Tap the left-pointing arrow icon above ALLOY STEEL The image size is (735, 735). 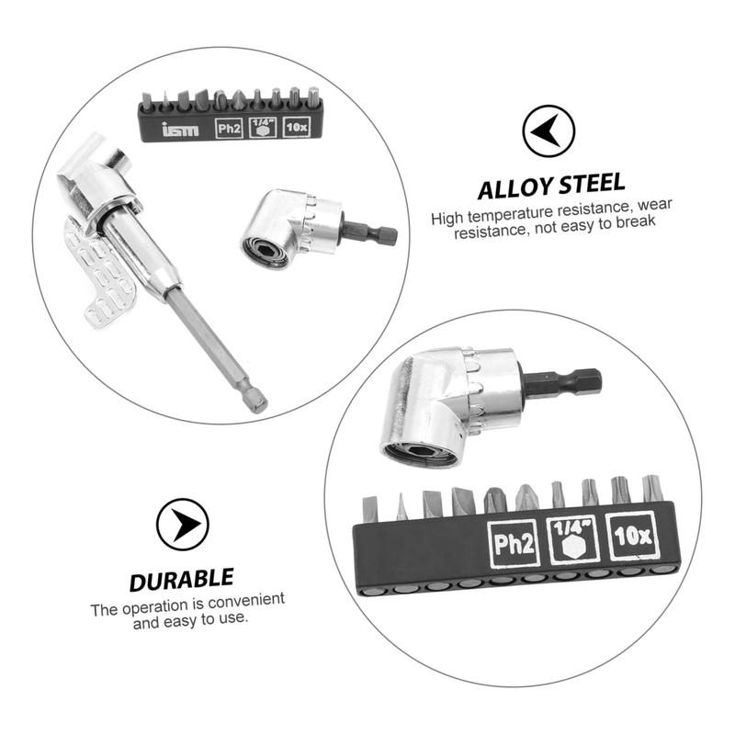click(x=548, y=131)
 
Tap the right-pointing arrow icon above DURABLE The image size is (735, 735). click(x=182, y=525)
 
